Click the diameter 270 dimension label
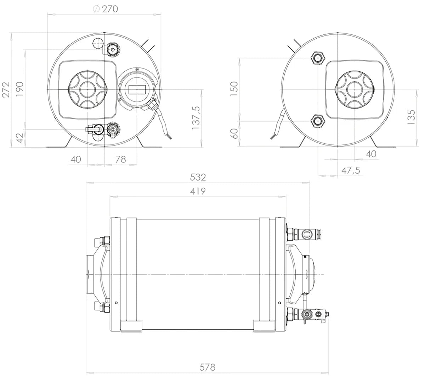tap(105, 9)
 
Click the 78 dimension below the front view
tap(121, 159)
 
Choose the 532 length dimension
tap(198, 177)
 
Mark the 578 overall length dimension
tap(208, 367)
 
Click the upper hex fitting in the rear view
tap(317, 58)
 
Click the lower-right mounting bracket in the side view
tap(264, 326)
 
